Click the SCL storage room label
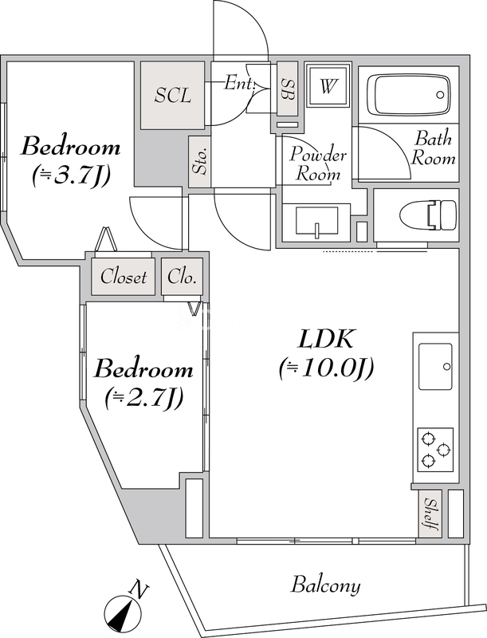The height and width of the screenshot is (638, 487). pos(173,95)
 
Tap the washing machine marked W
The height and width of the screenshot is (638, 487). pos(328,85)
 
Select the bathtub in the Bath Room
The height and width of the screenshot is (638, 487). pos(409,95)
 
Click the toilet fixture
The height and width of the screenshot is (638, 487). pos(428,215)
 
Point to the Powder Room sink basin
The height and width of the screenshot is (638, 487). pos(316,222)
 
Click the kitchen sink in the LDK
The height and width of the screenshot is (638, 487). pos(435,366)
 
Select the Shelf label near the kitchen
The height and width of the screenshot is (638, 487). pos(430,514)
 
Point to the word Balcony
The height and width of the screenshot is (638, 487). pos(326,586)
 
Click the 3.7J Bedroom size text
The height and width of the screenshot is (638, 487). pos(71,175)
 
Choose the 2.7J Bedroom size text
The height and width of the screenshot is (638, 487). pos(144,398)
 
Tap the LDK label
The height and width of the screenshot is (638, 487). pos(326,339)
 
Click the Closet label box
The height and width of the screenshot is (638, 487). pos(124,277)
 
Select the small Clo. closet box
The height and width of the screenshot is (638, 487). pos(182,277)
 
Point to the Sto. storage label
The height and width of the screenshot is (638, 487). pos(199,162)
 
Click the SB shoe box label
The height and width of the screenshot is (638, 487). pos(288,89)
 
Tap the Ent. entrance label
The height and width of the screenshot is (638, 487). pos(240,84)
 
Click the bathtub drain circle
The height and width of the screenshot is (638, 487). pos(440,95)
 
